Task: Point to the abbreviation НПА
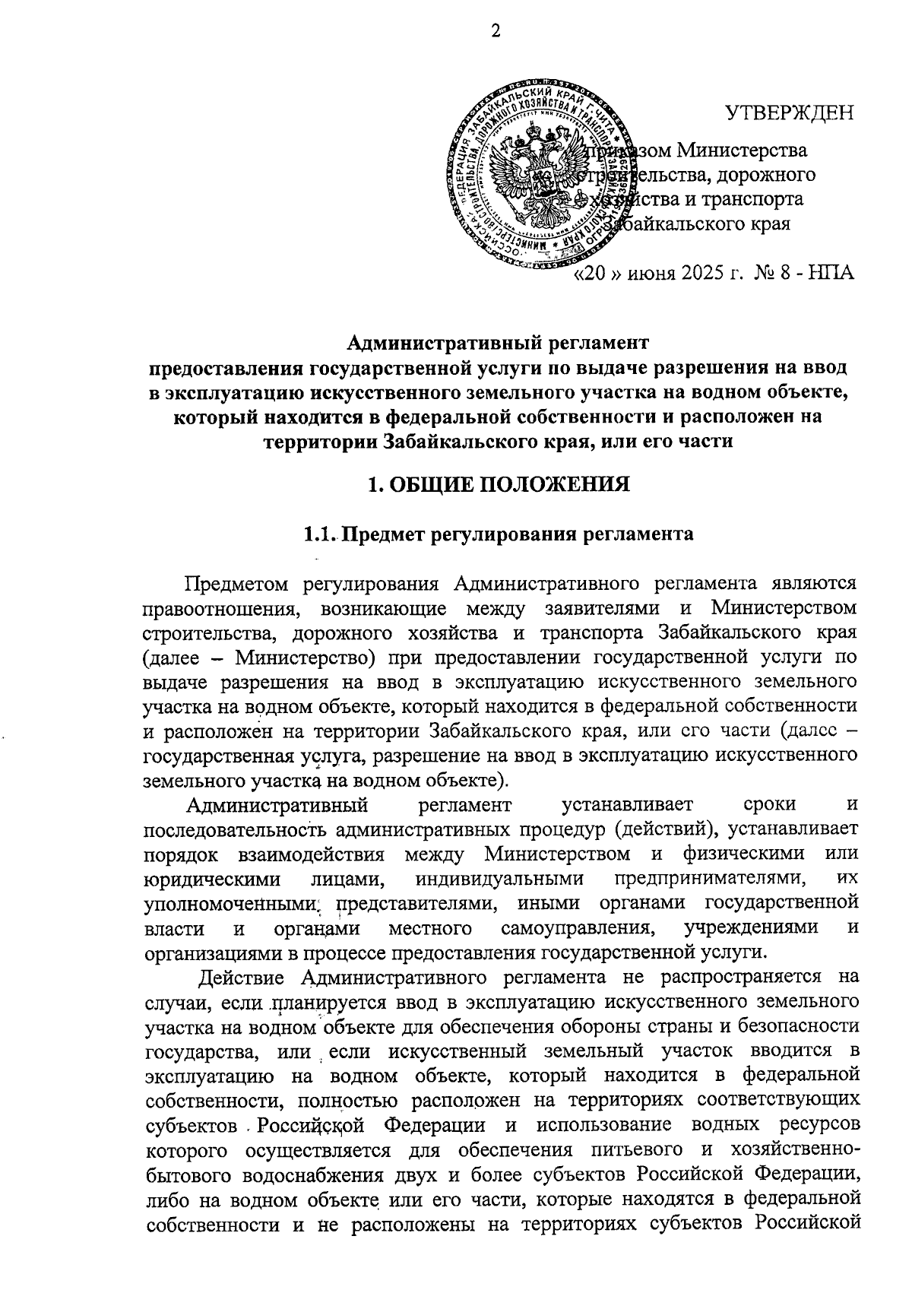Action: [831, 273]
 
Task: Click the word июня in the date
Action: [654, 273]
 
